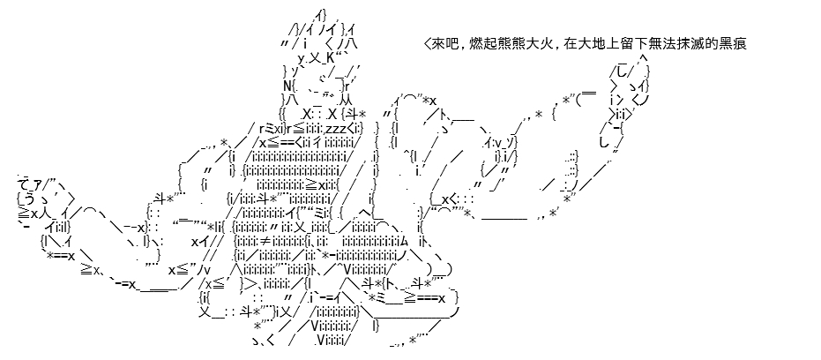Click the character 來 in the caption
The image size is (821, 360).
[x=439, y=44]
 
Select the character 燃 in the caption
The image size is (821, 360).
[x=475, y=44]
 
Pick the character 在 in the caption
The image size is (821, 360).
[x=570, y=44]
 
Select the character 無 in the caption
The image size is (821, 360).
[x=653, y=44]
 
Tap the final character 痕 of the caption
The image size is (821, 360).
[x=739, y=44]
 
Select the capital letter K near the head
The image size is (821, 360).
[x=338, y=57]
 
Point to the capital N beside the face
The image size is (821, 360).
[x=288, y=86]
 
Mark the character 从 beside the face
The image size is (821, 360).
[x=346, y=100]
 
